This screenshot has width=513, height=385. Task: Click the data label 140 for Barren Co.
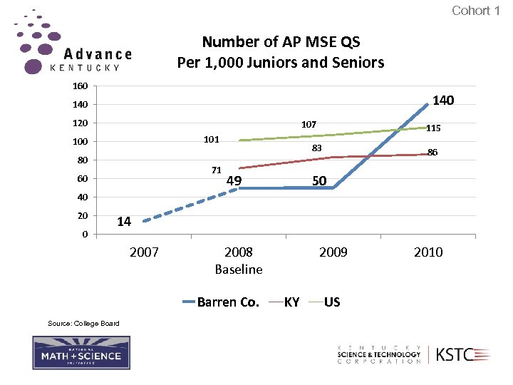pos(443,101)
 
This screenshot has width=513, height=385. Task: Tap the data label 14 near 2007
pos(124,222)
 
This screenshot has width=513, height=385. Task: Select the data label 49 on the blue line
pos(234,181)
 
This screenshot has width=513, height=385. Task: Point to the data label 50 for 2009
pos(319,181)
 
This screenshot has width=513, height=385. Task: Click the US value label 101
pos(211,139)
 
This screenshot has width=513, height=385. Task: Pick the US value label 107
pos(309,124)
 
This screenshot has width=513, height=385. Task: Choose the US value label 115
pos(433,128)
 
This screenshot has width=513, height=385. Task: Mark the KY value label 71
pos(217,170)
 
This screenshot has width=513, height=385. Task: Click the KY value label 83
pos(317,148)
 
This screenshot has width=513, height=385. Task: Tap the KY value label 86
pos(432,152)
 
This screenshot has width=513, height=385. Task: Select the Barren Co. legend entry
pos(221,302)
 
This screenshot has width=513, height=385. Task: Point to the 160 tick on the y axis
pos(80,86)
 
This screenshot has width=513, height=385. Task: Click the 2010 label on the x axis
pos(427,252)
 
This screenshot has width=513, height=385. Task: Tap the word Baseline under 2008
pos(239,269)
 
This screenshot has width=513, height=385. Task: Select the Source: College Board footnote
pos(83,324)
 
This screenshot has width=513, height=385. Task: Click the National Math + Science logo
pos(81,353)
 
